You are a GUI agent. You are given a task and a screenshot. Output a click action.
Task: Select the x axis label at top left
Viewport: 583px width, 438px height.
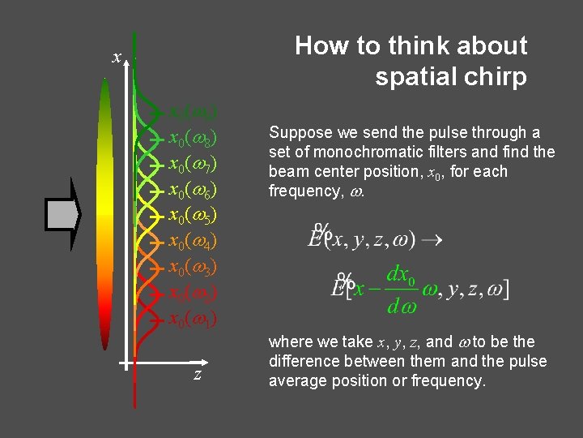point(117,58)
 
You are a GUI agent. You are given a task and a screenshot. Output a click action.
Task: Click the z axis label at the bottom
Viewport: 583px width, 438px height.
point(197,374)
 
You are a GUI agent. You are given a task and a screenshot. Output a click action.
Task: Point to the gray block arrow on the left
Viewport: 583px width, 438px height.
point(63,214)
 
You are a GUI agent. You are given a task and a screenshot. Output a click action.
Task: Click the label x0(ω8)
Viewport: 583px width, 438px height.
point(192,139)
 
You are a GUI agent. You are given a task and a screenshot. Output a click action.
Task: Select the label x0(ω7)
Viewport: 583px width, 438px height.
point(192,165)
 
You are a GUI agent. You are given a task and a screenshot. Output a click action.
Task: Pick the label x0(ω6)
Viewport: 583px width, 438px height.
point(192,191)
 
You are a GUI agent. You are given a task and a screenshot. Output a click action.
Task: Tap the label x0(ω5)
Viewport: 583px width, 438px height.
point(192,217)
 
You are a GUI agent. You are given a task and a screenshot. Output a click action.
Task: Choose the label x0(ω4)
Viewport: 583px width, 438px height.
point(192,243)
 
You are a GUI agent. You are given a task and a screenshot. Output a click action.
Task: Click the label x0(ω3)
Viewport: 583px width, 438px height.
point(192,268)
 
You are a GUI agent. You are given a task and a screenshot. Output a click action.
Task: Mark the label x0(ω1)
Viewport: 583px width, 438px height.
point(192,320)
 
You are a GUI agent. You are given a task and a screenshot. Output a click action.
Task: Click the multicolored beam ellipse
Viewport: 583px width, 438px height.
point(107,211)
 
